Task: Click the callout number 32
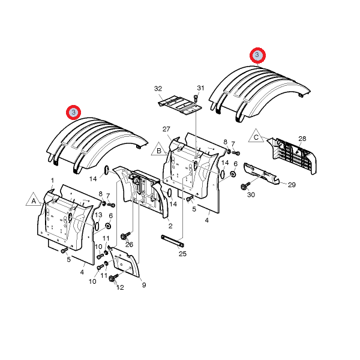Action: click(x=158, y=89)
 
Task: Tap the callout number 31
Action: click(x=200, y=88)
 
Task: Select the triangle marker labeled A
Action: click(x=34, y=200)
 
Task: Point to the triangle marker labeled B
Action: click(x=159, y=149)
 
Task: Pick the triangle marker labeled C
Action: click(x=256, y=136)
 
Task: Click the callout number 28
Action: click(x=302, y=139)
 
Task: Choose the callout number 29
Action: click(x=292, y=185)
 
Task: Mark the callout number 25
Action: click(x=182, y=254)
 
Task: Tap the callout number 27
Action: click(x=166, y=129)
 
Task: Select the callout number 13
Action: click(x=98, y=215)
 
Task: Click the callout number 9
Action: click(x=144, y=285)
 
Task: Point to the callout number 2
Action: click(x=170, y=226)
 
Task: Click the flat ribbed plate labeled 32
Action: click(x=180, y=106)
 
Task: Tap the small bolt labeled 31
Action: click(x=196, y=99)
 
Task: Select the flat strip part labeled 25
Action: click(x=173, y=241)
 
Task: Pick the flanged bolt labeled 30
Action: click(x=245, y=186)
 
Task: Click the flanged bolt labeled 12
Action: click(x=113, y=277)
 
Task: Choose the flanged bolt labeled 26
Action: click(x=125, y=235)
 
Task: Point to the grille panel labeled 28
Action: click(x=293, y=155)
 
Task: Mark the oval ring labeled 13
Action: click(x=97, y=226)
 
